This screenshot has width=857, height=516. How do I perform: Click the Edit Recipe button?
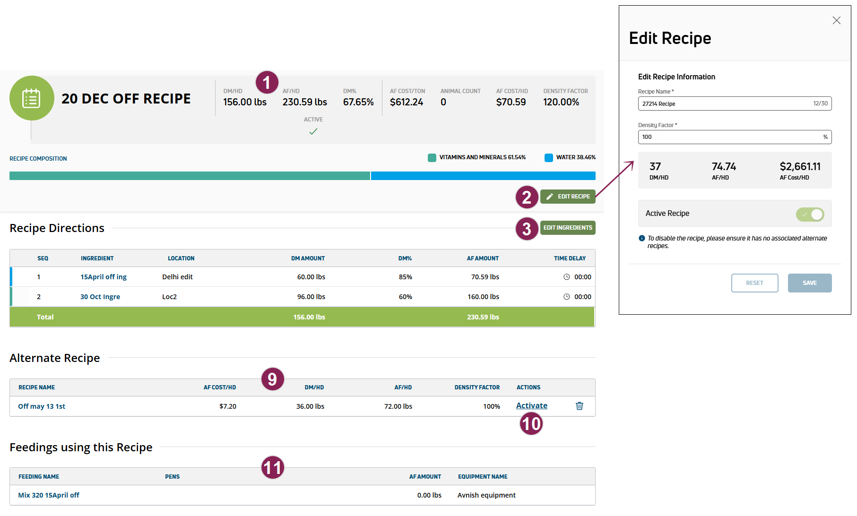(x=568, y=197)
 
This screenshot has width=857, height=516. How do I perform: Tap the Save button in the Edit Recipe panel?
(x=809, y=283)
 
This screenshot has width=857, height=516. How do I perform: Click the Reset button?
(x=754, y=283)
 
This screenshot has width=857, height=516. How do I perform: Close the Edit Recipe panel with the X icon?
(x=836, y=20)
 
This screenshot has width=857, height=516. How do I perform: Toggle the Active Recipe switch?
(x=810, y=214)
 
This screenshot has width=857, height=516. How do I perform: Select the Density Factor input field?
(x=730, y=137)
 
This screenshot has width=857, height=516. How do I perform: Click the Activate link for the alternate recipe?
(x=531, y=406)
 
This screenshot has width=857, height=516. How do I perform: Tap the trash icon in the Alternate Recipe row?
(x=579, y=406)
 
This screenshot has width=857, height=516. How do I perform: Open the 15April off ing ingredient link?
(x=104, y=277)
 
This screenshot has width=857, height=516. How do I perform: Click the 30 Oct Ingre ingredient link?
(x=100, y=297)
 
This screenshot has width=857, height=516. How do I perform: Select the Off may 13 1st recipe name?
(x=42, y=406)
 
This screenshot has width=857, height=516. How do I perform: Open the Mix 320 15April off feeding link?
(x=49, y=495)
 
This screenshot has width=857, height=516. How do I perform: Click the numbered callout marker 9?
(x=272, y=379)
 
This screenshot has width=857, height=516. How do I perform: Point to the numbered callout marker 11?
(x=273, y=468)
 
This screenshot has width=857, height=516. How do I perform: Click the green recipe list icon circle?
(x=32, y=98)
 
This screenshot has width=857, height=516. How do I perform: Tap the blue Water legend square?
(x=548, y=158)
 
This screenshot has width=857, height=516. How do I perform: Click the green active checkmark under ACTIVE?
(x=313, y=132)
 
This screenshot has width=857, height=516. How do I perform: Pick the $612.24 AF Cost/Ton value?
(x=406, y=102)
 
